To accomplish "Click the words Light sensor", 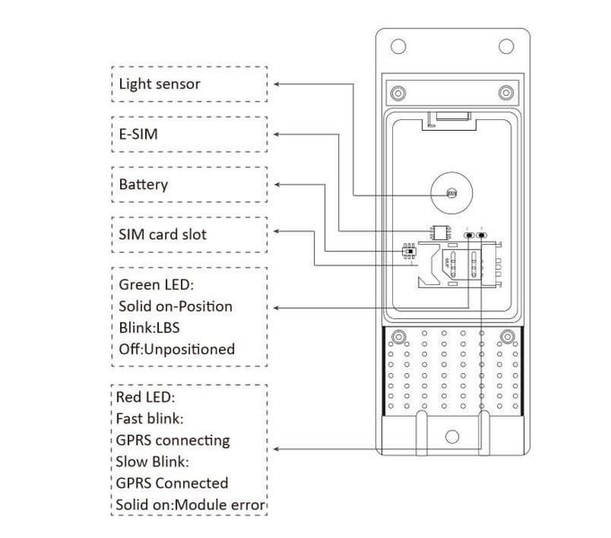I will (160, 84).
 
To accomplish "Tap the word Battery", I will (144, 185).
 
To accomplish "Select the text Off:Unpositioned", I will (177, 348).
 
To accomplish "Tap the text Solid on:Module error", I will (190, 505).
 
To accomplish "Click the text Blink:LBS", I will (149, 327).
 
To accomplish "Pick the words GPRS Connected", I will (171, 483).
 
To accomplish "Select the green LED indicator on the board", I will (468, 237).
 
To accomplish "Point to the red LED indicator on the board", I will (483, 237).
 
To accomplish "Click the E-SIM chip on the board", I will (440, 231).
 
